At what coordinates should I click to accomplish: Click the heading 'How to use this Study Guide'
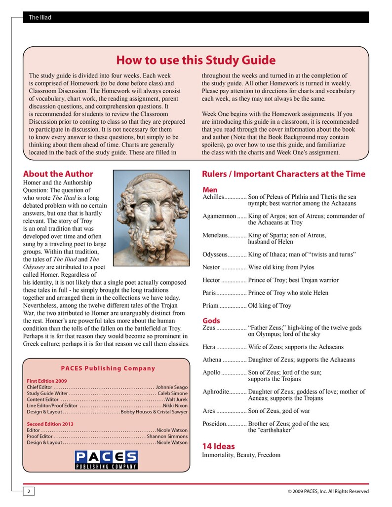(196, 60)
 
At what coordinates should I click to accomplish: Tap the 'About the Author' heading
(58, 174)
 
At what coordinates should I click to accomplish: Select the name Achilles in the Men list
(213, 197)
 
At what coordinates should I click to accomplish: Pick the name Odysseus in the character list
(215, 254)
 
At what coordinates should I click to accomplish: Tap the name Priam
(210, 306)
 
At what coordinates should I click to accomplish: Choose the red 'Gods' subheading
(211, 321)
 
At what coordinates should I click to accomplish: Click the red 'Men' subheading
(210, 190)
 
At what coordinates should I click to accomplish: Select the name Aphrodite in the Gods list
(216, 392)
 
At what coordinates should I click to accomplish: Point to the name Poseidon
(214, 424)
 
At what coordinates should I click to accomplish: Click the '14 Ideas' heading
(218, 446)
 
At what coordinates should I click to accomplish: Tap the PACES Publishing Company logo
(106, 459)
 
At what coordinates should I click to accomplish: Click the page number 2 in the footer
(28, 491)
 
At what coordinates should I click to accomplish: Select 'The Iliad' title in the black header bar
(39, 18)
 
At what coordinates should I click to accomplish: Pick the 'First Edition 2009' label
(47, 381)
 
